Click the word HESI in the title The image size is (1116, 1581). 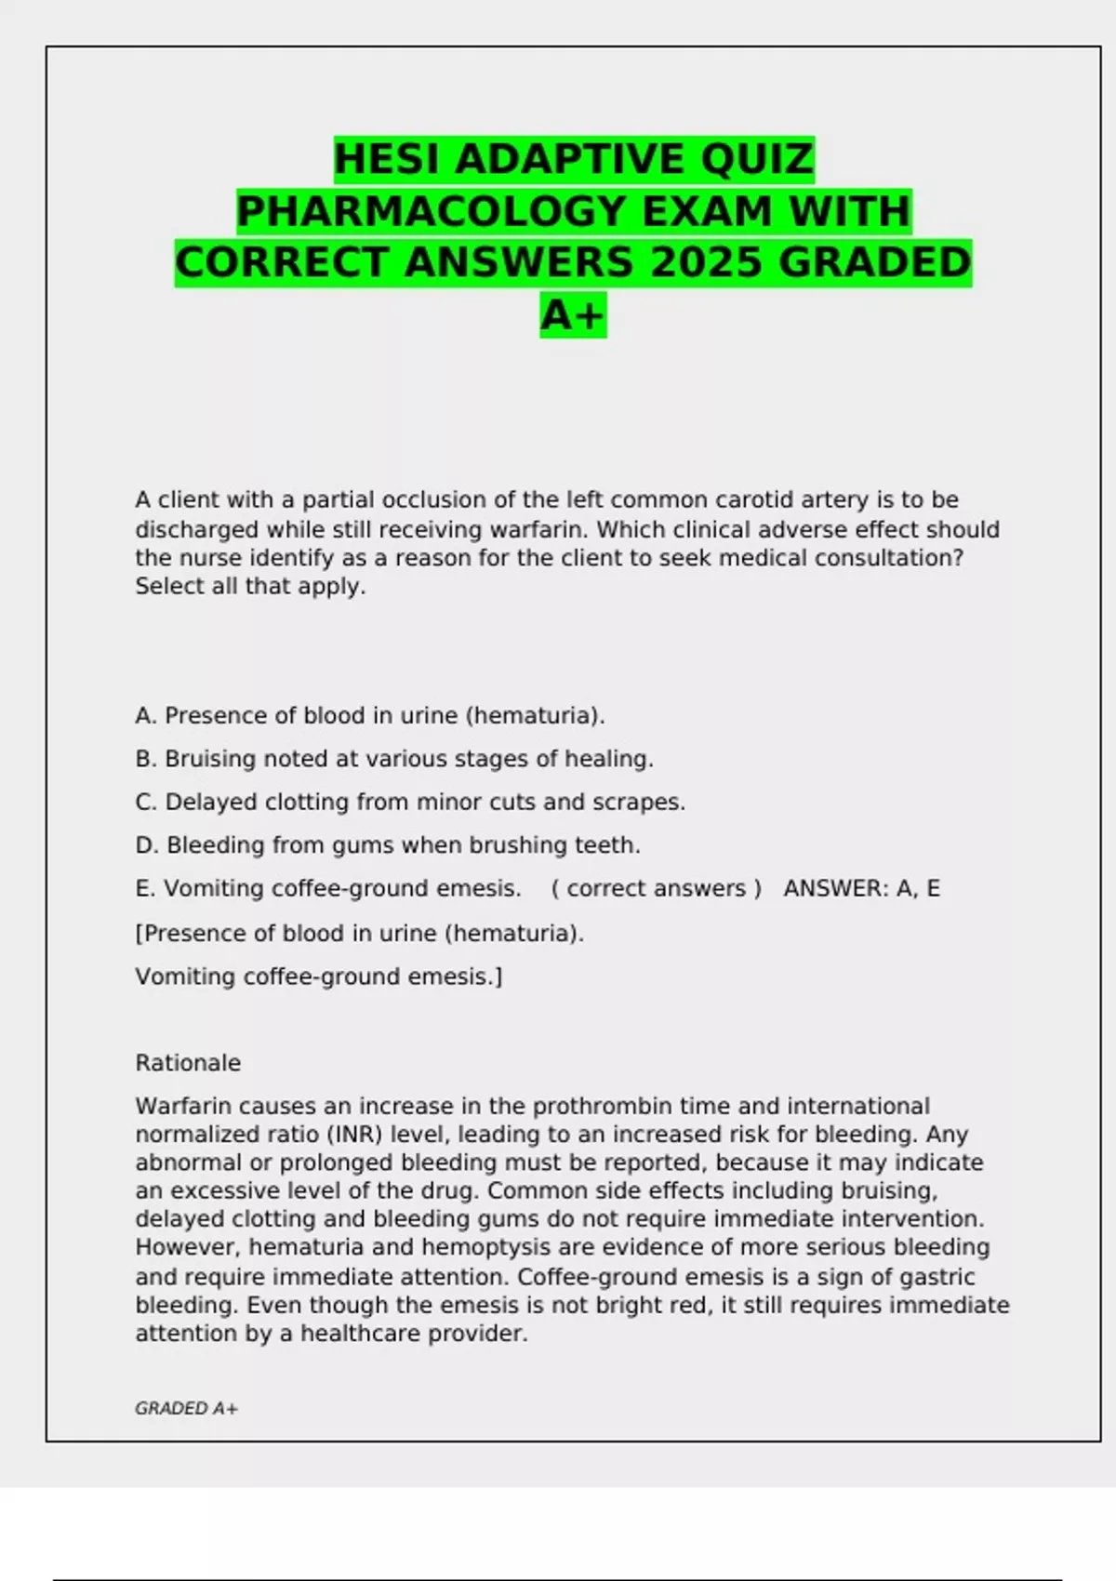click(x=390, y=159)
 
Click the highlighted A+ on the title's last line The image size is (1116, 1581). click(x=573, y=314)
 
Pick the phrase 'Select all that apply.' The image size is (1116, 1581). click(x=250, y=587)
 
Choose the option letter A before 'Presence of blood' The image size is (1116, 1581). click(x=145, y=716)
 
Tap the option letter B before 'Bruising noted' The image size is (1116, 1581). click(x=145, y=759)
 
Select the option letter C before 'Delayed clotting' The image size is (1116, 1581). click(x=145, y=802)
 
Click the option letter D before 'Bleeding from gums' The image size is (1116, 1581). click(x=146, y=845)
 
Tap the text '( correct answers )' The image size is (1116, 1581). click(x=656, y=889)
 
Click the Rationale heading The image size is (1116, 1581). click(x=188, y=1063)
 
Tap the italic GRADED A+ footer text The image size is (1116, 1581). click(x=186, y=1409)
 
